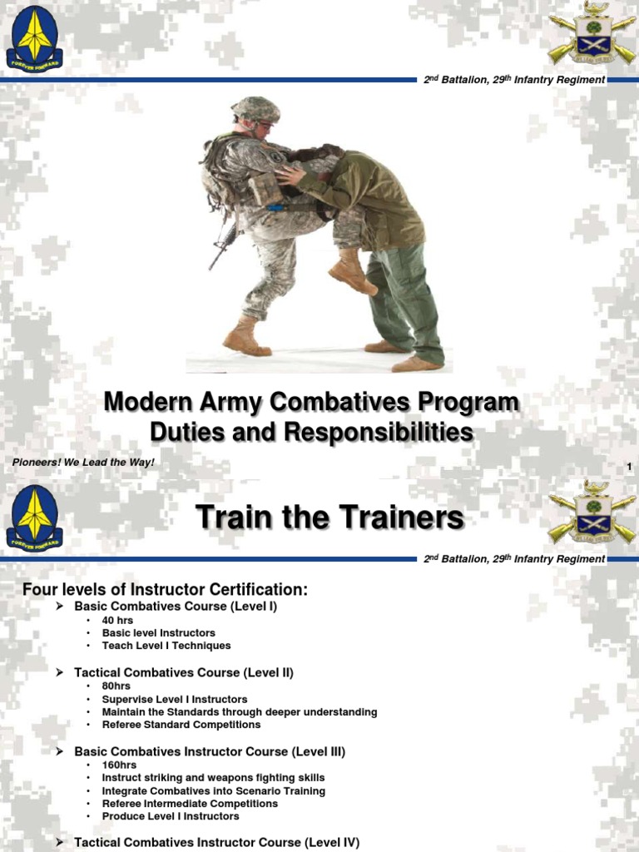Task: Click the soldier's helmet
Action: [255, 109]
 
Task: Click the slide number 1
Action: [629, 468]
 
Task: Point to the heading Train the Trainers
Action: [329, 518]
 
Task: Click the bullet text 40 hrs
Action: [118, 621]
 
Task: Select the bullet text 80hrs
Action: [116, 686]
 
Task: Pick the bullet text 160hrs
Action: [119, 765]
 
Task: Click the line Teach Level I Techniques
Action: [166, 646]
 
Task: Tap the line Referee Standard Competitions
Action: [181, 725]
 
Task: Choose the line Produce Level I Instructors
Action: [171, 816]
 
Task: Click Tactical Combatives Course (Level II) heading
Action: [184, 672]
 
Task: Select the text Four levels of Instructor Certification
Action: [165, 590]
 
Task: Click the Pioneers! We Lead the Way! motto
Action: [83, 462]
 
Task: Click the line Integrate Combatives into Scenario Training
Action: [214, 791]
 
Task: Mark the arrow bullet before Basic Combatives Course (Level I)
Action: [60, 607]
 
